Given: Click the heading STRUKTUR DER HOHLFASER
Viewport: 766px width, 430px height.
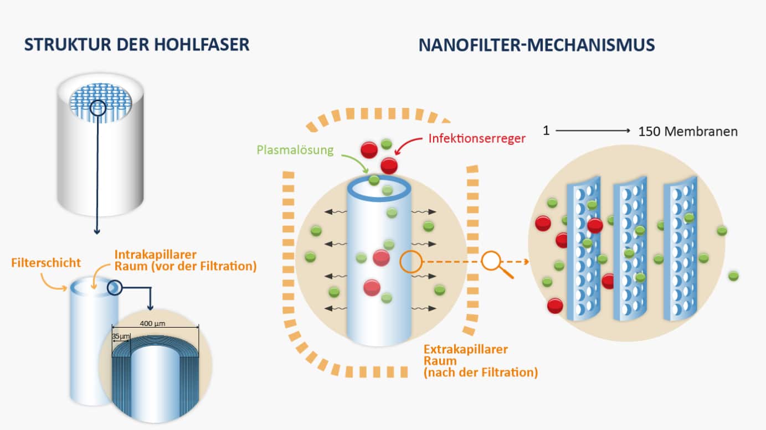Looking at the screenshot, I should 136,45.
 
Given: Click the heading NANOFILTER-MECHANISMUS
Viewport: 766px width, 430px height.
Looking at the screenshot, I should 537,45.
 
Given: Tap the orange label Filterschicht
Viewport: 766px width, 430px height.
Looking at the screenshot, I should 46,263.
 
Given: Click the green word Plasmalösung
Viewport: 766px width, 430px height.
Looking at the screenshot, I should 295,150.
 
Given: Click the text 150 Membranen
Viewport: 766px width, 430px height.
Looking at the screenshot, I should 688,132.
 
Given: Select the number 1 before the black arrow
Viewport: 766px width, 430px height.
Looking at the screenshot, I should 546,132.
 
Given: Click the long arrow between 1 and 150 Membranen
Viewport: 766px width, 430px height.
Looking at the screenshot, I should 593,131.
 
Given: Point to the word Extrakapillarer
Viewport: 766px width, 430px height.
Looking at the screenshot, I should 465,349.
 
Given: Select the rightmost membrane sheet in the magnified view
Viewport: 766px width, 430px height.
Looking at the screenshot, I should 681,249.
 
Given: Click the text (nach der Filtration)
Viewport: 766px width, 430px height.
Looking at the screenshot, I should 480,372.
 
